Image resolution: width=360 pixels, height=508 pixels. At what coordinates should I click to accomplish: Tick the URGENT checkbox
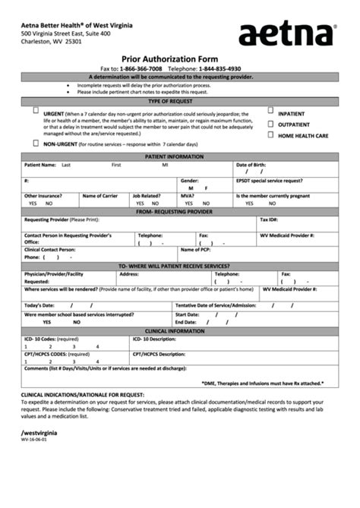pos(36,110)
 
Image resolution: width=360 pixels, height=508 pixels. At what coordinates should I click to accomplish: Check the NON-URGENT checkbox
pos(36,142)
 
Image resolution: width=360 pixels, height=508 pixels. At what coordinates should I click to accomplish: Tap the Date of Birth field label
pos(251,164)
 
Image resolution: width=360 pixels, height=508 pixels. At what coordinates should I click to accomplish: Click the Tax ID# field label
pos(270,219)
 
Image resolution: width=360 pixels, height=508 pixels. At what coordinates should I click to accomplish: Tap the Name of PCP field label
pos(196,249)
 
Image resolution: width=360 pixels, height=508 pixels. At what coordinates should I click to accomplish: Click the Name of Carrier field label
pos(99,195)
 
